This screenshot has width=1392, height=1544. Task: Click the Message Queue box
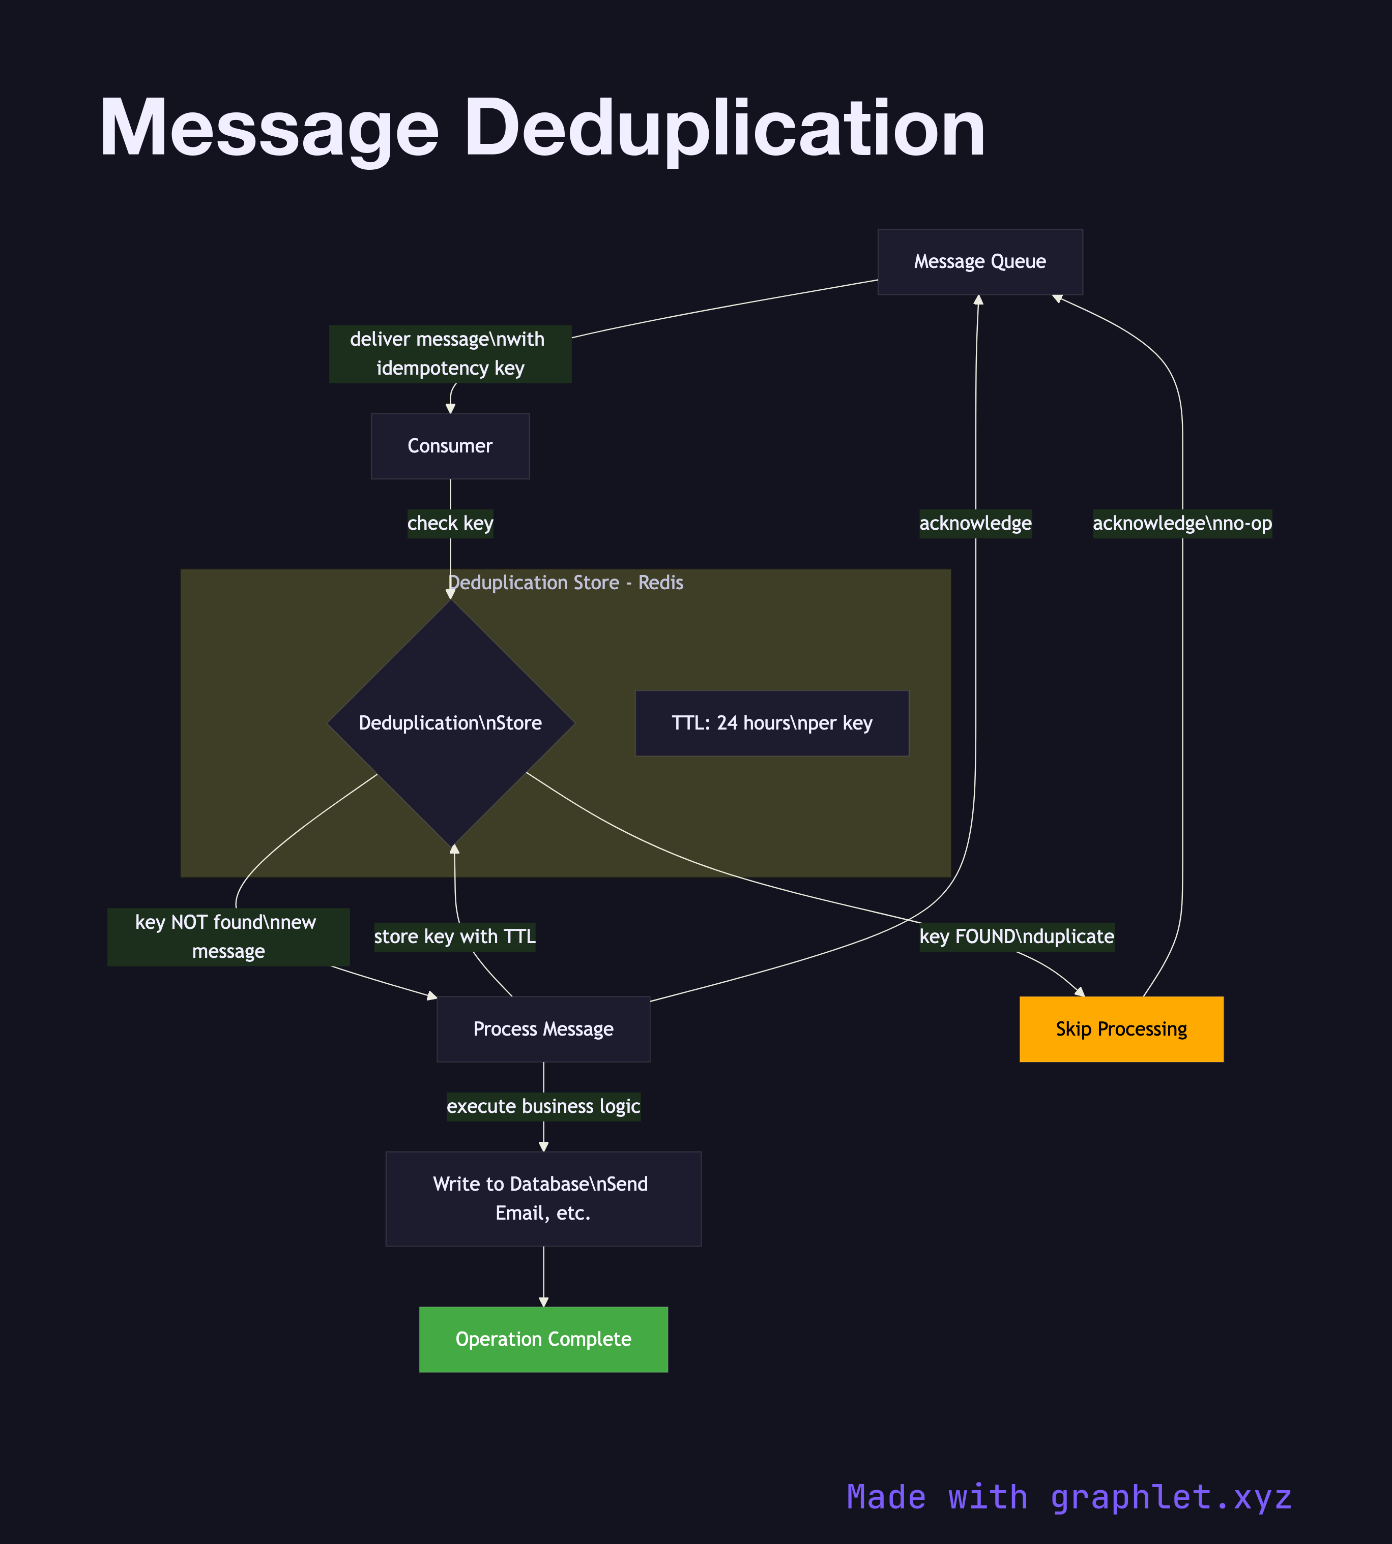(980, 261)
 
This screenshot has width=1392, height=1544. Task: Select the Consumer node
(450, 446)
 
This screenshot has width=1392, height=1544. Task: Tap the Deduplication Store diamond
(450, 722)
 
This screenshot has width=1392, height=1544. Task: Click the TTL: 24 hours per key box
(772, 723)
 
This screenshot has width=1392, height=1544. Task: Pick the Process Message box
(543, 1029)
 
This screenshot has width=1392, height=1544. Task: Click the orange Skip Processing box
(1121, 1029)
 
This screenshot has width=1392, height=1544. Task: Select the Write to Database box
(543, 1198)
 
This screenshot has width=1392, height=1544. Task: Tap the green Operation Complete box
(543, 1339)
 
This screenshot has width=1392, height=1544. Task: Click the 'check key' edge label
(450, 524)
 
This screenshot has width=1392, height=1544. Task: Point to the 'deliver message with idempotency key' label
(450, 354)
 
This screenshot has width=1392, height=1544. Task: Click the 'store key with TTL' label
(454, 936)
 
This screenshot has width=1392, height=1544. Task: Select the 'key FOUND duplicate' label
(1017, 936)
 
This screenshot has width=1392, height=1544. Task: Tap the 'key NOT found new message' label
(228, 936)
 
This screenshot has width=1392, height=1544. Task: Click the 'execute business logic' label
(543, 1106)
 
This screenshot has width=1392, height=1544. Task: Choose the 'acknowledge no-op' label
(1182, 524)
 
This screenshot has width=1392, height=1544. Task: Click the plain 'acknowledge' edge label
(975, 524)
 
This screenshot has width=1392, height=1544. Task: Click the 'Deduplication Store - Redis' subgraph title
(565, 583)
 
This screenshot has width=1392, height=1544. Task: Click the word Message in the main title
(269, 129)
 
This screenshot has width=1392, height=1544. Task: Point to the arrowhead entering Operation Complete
(543, 1301)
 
